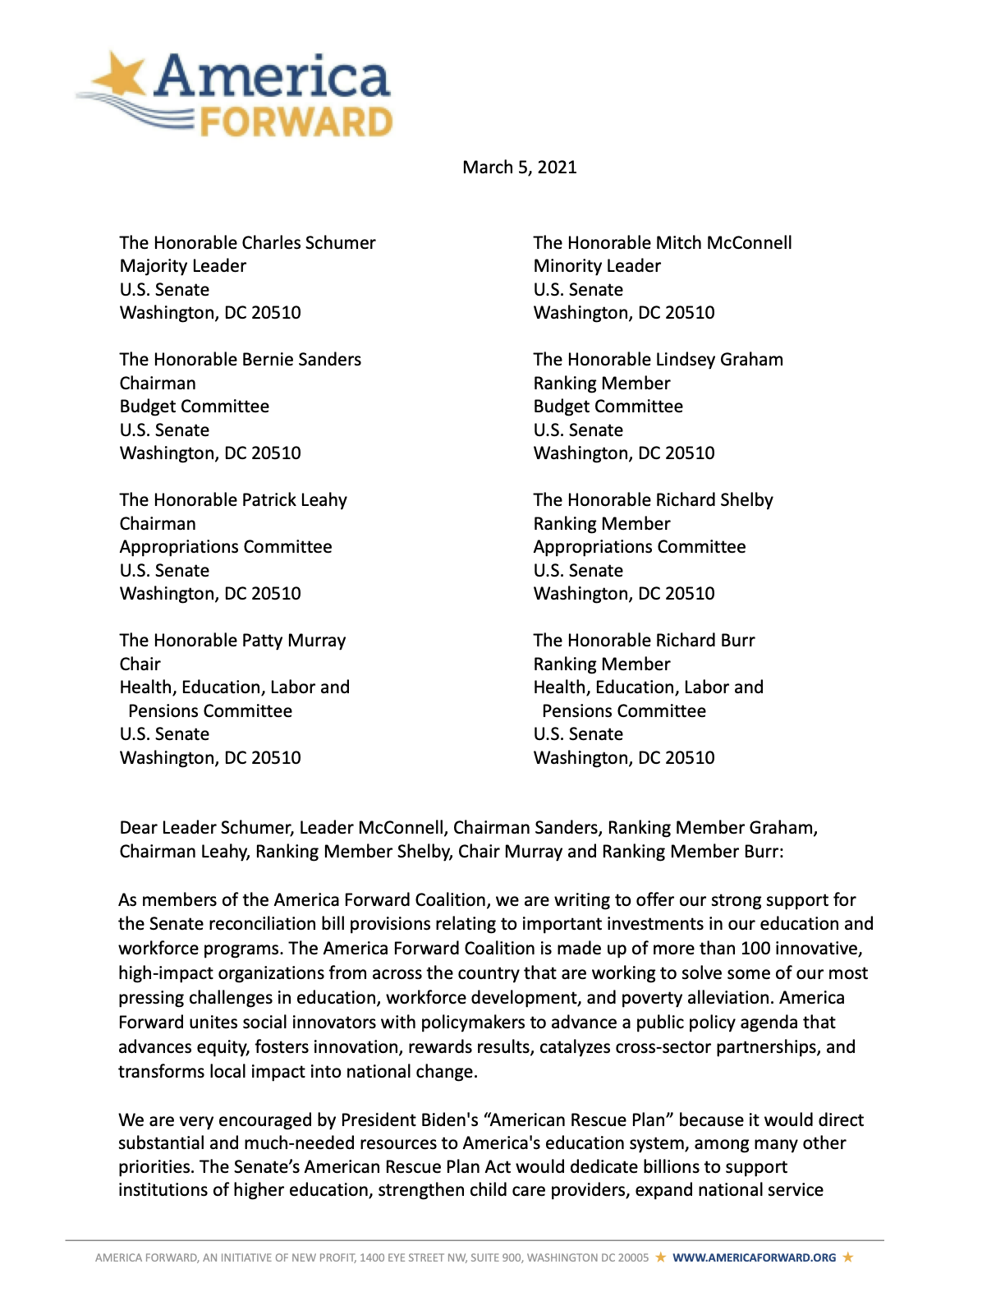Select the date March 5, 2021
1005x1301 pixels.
pos(520,168)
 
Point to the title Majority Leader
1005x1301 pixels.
pos(183,266)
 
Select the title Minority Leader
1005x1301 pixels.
pos(597,266)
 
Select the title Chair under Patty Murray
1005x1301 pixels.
pos(140,664)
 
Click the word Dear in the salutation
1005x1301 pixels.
pos(138,828)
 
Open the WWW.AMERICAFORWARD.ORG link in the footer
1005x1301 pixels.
pos(754,1257)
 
